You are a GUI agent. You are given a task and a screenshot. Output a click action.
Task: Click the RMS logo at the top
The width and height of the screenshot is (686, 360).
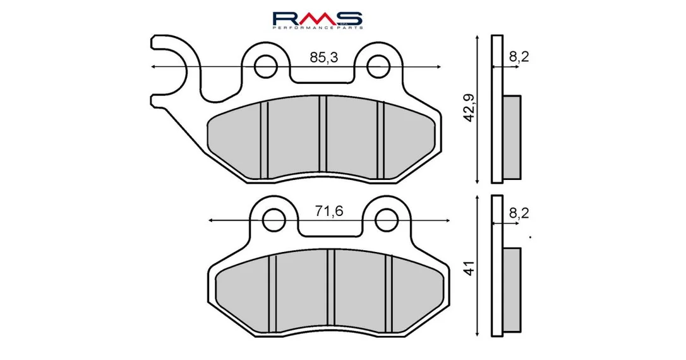(317, 20)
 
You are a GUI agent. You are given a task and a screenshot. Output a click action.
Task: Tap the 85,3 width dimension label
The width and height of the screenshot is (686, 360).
(324, 57)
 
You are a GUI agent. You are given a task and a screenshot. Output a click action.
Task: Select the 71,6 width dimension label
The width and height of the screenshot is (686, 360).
(329, 212)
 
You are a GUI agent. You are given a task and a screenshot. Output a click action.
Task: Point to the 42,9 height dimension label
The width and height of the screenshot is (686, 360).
(469, 107)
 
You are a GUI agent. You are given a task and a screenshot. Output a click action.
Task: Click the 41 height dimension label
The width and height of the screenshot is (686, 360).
(469, 268)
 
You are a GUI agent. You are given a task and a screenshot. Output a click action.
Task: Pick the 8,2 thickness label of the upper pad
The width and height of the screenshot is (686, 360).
(519, 56)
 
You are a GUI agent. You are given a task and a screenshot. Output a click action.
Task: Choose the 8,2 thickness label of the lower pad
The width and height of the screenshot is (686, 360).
(519, 213)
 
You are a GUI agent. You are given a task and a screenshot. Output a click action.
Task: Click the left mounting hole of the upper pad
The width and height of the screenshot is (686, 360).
(265, 67)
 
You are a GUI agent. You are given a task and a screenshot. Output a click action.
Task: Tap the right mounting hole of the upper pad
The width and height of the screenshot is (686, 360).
(378, 67)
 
